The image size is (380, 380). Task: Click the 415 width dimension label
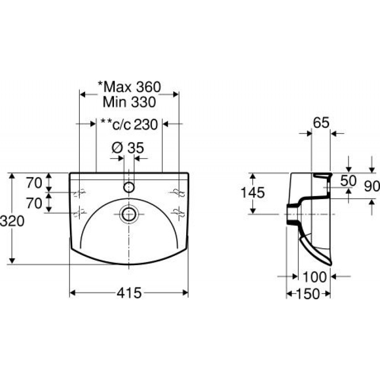(x=129, y=293)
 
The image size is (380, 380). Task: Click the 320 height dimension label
(x=12, y=221)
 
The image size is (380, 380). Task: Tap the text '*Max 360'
(x=129, y=87)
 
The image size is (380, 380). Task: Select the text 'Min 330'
(x=129, y=102)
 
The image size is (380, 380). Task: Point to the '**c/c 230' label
(x=129, y=124)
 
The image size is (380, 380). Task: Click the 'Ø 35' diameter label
(x=128, y=147)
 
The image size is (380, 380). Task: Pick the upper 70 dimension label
(x=34, y=183)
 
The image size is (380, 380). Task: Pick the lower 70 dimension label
(x=34, y=203)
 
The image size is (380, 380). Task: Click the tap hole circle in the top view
(x=129, y=187)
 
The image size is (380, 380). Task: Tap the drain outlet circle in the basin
(x=129, y=214)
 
